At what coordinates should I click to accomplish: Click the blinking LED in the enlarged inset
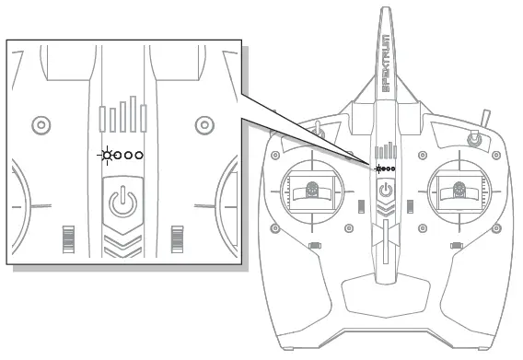[x=108, y=156]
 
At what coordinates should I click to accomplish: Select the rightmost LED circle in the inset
[x=139, y=156]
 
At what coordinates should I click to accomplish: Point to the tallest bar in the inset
[x=142, y=115]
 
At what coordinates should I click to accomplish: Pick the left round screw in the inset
[x=39, y=123]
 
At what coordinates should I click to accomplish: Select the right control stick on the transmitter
[x=460, y=191]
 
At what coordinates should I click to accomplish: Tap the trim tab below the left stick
[x=314, y=245]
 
